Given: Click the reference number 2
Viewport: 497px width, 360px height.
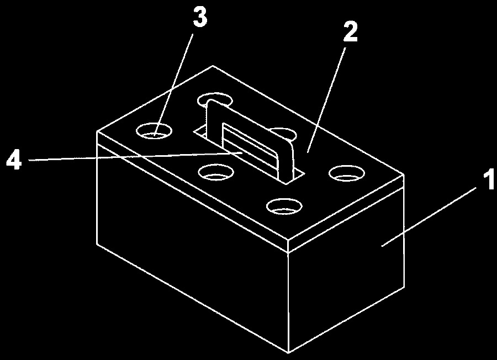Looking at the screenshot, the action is click(x=351, y=31).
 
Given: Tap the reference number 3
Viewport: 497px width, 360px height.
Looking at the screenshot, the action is click(x=200, y=17).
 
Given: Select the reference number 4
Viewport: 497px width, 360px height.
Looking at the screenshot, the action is click(x=14, y=160).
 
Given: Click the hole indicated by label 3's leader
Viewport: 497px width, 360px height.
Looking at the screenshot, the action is click(x=154, y=131).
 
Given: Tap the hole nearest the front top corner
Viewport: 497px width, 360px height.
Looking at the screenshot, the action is click(x=284, y=207).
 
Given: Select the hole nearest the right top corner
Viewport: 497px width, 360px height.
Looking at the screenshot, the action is click(x=346, y=173).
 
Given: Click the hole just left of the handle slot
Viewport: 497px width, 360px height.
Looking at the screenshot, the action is click(x=216, y=172).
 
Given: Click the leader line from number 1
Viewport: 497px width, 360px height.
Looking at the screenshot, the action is click(x=429, y=217).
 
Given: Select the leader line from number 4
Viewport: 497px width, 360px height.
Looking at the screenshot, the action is click(x=136, y=157).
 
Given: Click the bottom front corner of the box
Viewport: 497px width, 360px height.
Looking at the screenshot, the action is click(x=288, y=352).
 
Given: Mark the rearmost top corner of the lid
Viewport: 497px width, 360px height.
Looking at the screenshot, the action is click(x=213, y=66).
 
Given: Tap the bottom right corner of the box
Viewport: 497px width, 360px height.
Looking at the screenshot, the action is click(x=404, y=287).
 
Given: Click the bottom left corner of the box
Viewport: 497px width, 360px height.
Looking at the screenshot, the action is click(x=96, y=243).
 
